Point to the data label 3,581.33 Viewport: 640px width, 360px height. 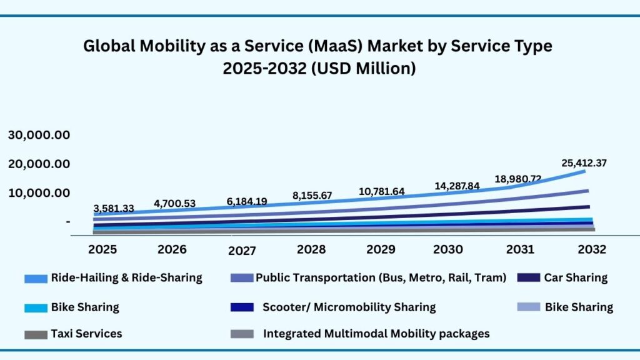pyautogui.click(x=114, y=208)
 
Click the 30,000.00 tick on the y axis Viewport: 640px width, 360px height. pyautogui.click(x=39, y=135)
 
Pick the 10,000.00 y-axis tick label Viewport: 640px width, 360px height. pyautogui.click(x=39, y=192)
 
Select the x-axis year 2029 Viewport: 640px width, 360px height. pyautogui.click(x=380, y=249)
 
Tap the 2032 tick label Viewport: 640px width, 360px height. pyautogui.click(x=591, y=249)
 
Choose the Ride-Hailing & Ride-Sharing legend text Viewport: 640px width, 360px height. pyautogui.click(x=126, y=277)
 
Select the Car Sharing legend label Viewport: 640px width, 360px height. pyautogui.click(x=576, y=277)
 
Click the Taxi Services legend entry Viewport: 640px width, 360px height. pyautogui.click(x=86, y=333)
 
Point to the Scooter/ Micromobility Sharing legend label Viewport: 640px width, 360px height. pyautogui.click(x=349, y=307)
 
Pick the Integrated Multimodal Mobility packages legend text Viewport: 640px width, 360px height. pyautogui.click(x=376, y=333)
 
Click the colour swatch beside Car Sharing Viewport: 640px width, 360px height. pyautogui.click(x=528, y=278)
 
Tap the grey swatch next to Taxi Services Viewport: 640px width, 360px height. pyautogui.click(x=36, y=334)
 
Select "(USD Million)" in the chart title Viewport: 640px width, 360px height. pyautogui.click(x=369, y=68)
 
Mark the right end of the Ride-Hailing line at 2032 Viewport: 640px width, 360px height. pyautogui.click(x=585, y=171)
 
